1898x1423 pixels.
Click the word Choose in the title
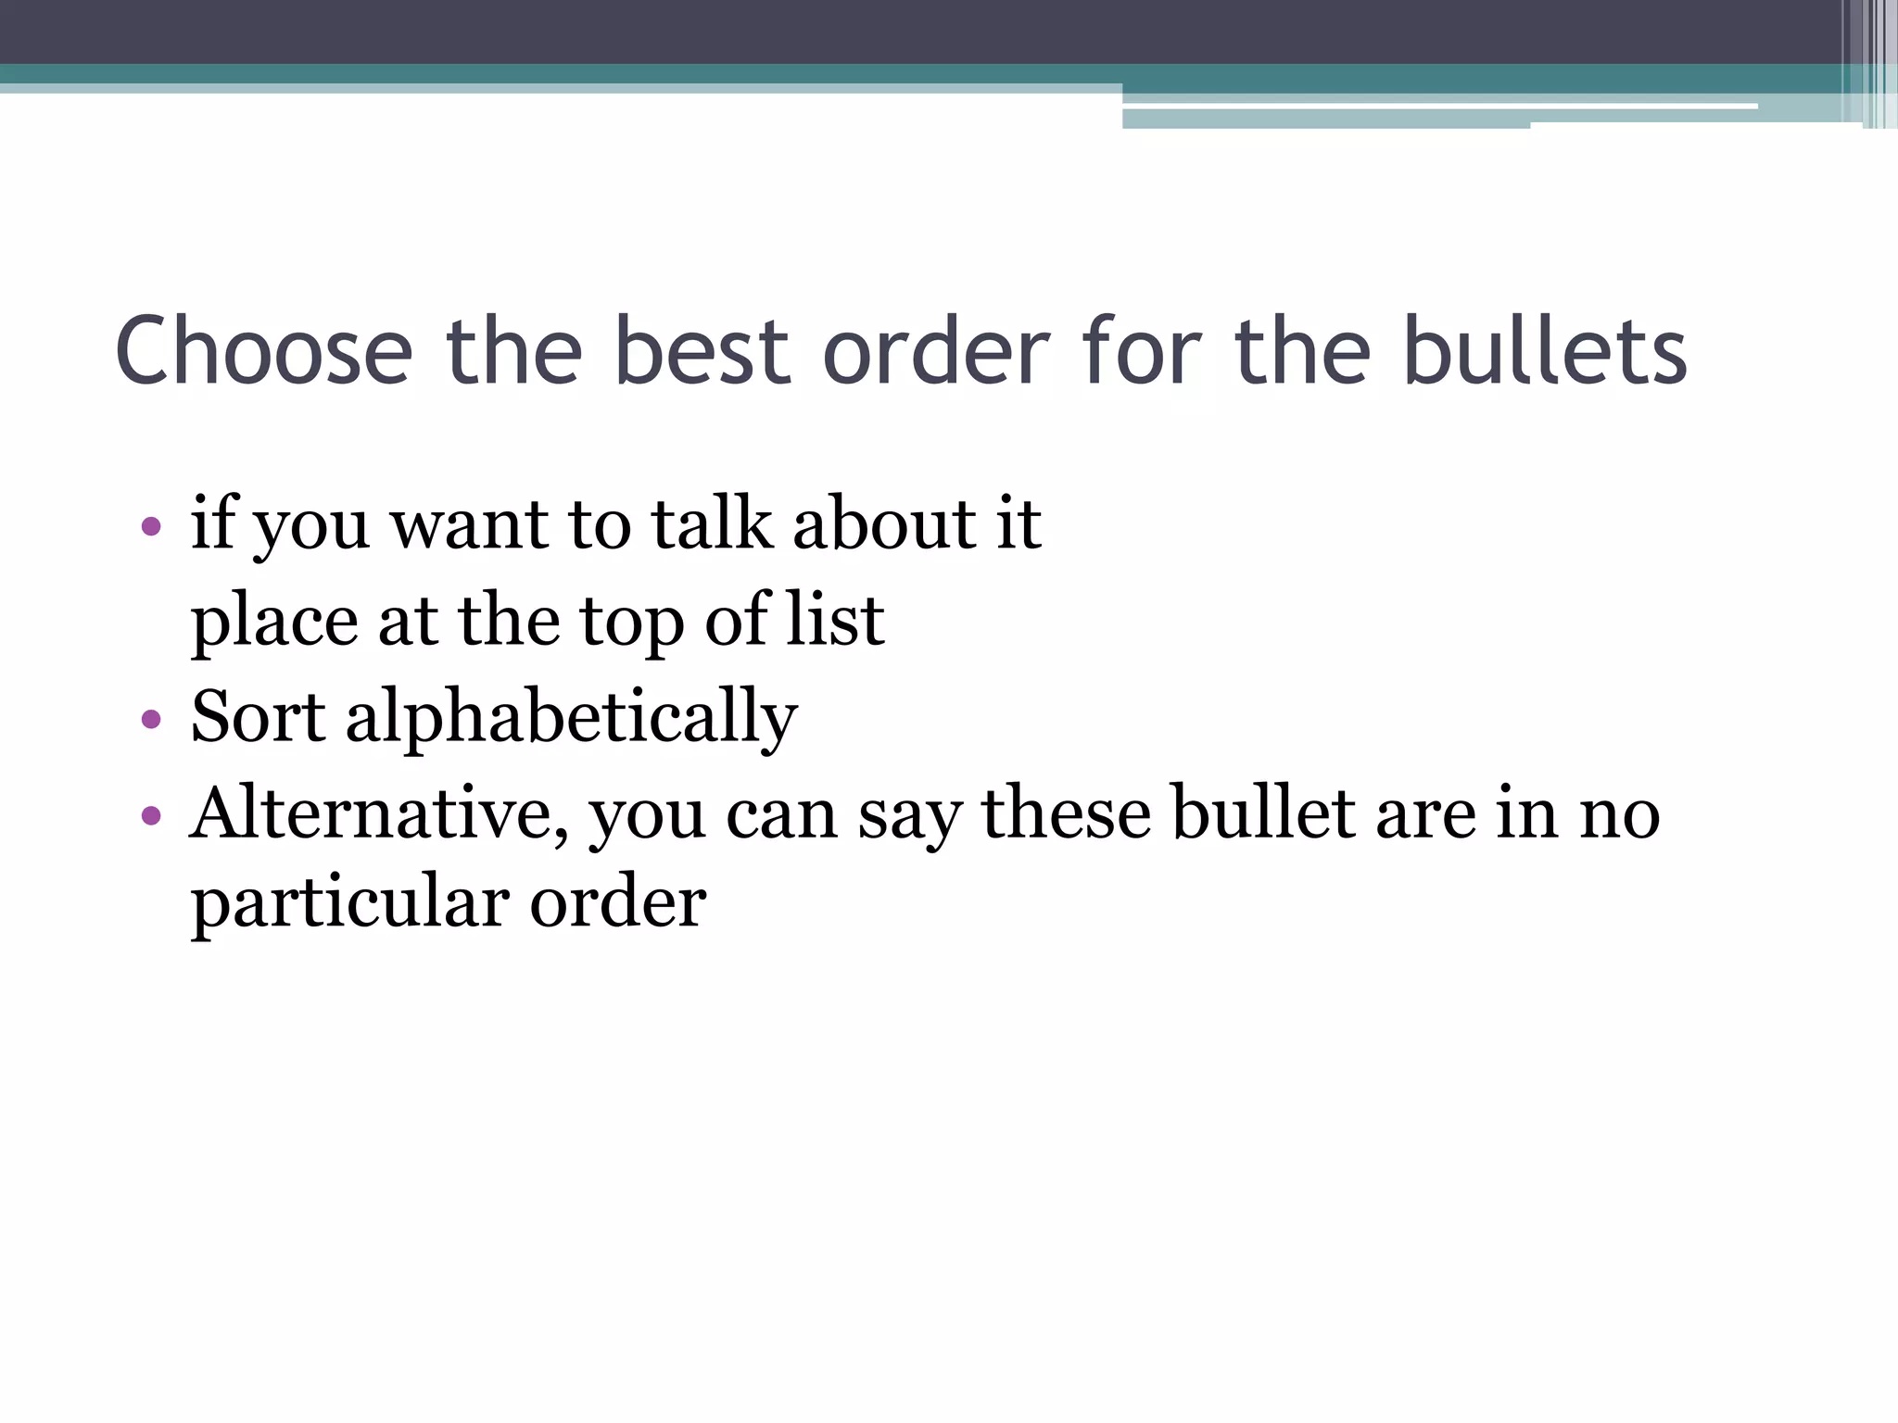point(264,351)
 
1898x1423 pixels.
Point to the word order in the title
point(936,351)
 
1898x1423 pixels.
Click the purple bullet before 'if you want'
point(151,528)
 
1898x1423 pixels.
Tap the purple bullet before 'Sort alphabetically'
point(151,720)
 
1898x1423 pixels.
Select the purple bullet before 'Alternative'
point(151,816)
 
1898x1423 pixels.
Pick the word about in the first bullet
point(885,524)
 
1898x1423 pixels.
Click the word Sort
point(258,716)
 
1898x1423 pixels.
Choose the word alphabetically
point(571,718)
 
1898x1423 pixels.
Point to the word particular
point(349,903)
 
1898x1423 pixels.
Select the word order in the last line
point(618,903)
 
